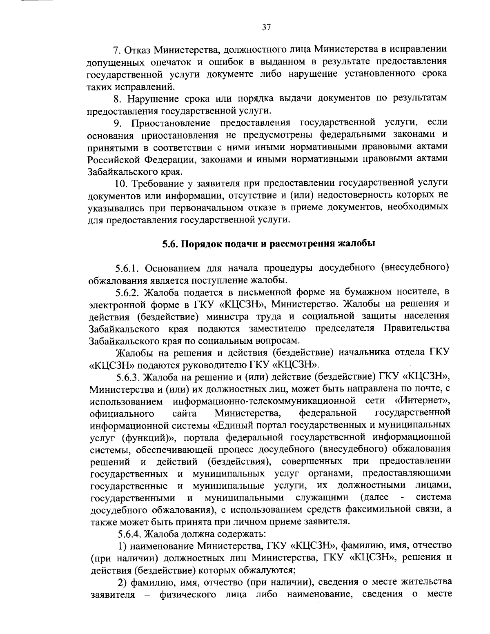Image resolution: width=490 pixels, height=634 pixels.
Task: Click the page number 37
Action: click(266, 28)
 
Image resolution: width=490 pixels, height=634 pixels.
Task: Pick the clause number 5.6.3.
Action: click(128, 376)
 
